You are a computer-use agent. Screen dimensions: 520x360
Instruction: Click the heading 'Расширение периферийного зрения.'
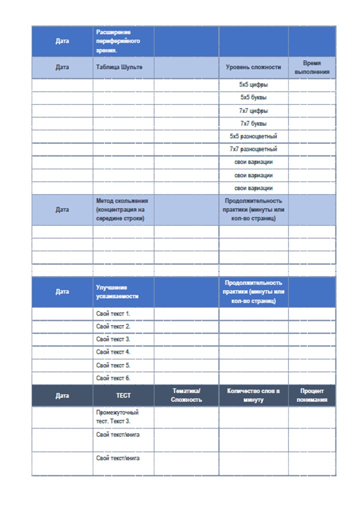pos(118,41)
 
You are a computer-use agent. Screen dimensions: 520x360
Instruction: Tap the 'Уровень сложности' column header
pos(253,67)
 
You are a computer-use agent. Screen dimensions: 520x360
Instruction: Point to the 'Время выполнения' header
pos(311,67)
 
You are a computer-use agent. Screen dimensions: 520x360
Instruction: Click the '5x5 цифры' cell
pos(253,85)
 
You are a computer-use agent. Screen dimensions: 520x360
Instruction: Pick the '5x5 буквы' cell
pos(253,97)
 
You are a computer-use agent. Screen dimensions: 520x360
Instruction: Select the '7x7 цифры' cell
pos(253,110)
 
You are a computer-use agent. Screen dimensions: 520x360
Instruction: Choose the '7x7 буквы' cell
pos(253,123)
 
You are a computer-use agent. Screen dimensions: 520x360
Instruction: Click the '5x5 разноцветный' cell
pos(253,136)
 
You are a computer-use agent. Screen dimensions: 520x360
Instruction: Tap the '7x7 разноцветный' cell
pos(253,149)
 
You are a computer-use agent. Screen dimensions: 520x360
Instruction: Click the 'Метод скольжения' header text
pos(122,209)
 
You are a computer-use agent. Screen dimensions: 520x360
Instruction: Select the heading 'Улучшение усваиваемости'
pos(117,292)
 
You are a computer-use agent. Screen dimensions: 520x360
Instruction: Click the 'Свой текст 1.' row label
pos(113,314)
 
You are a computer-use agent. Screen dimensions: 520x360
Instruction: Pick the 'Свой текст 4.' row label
pos(113,352)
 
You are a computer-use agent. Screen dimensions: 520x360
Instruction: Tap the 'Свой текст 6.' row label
pos(113,378)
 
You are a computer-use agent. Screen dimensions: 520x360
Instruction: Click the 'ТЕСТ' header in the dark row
pos(123,395)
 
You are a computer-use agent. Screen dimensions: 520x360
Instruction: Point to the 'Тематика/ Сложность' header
pos(186,395)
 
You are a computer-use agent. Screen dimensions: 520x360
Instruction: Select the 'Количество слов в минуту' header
pos(253,395)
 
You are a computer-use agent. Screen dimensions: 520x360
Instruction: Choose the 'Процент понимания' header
pos(311,395)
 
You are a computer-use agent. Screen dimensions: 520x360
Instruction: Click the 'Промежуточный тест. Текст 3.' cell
pos(117,417)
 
